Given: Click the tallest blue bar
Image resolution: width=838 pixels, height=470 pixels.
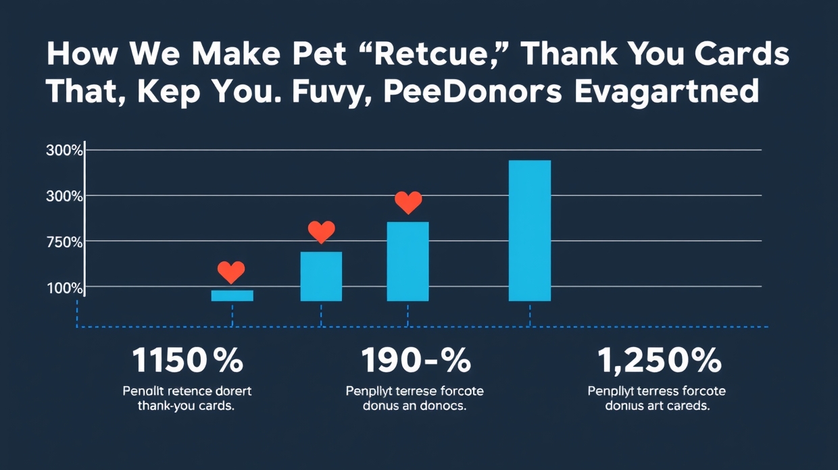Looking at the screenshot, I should click(x=529, y=230).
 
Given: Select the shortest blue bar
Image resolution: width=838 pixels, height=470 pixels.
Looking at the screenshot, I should click(x=232, y=295).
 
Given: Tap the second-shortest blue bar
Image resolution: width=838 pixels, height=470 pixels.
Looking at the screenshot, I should click(x=321, y=276).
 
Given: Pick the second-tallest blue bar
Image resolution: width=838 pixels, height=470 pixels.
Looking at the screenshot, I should click(x=408, y=261).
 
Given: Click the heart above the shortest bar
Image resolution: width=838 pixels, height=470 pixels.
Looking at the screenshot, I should click(x=231, y=272).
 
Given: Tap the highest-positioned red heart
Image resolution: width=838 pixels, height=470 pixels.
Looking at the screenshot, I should click(x=408, y=201).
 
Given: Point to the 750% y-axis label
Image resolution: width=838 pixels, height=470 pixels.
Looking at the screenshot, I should click(x=64, y=242).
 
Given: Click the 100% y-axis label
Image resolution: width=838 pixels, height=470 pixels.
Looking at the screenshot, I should click(x=64, y=288).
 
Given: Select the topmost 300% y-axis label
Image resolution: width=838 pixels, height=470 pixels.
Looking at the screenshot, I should click(x=64, y=151).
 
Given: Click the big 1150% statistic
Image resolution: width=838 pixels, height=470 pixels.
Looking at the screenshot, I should click(x=187, y=361).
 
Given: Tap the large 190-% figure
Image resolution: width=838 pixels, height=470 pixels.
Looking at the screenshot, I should click(x=416, y=361).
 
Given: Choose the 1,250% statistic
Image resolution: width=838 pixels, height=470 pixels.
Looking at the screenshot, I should click(x=660, y=361).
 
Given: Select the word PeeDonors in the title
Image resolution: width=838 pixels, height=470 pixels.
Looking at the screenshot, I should click(x=472, y=92).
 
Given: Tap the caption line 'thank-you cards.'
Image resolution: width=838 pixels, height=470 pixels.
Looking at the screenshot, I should click(x=186, y=407).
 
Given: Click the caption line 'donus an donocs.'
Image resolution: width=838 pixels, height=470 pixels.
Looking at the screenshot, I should click(x=414, y=407).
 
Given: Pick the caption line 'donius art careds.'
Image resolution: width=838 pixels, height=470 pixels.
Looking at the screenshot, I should click(x=657, y=407).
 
